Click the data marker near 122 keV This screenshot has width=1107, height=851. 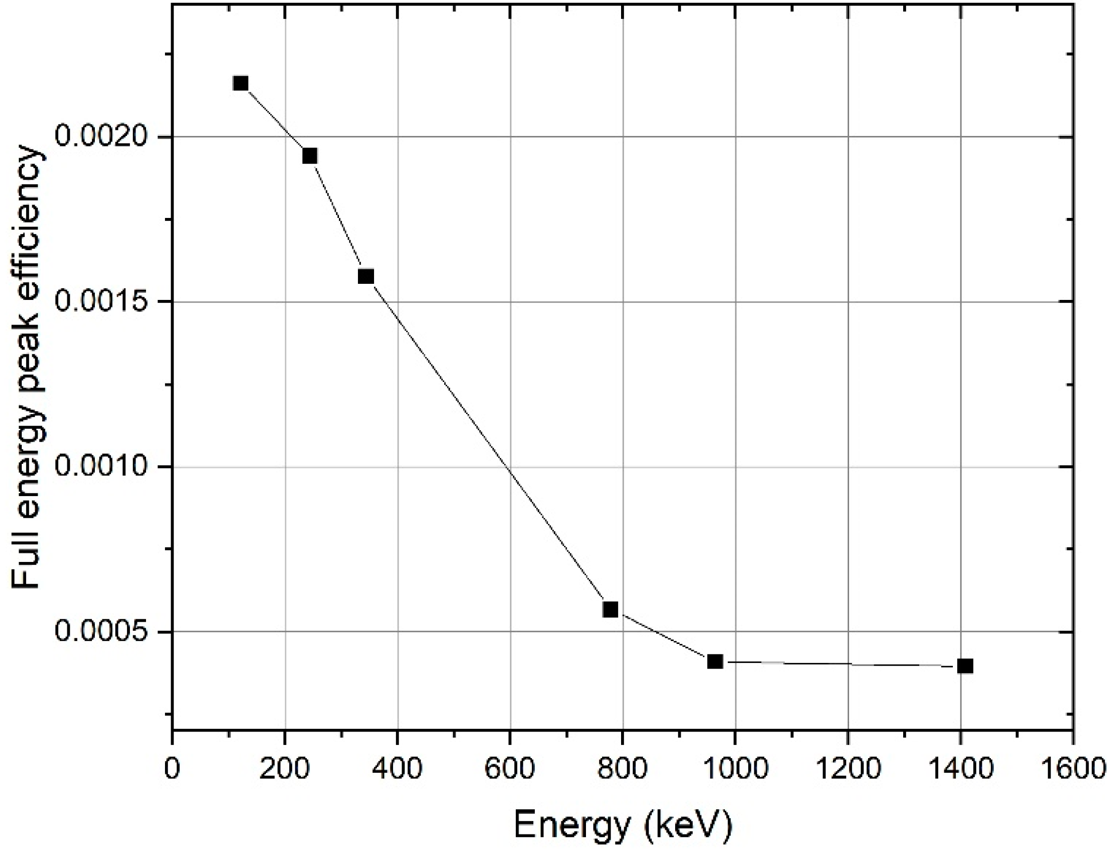click(241, 83)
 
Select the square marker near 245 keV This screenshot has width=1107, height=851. click(310, 156)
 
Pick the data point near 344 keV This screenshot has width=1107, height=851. click(366, 276)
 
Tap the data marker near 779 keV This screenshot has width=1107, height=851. click(610, 609)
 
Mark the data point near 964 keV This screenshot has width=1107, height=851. click(714, 661)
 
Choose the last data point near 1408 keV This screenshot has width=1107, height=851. click(965, 666)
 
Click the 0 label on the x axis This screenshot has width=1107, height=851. click(173, 769)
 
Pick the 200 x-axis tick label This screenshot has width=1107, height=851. click(284, 769)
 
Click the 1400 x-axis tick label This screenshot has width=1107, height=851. click(960, 769)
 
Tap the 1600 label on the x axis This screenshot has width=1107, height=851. click(1072, 769)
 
